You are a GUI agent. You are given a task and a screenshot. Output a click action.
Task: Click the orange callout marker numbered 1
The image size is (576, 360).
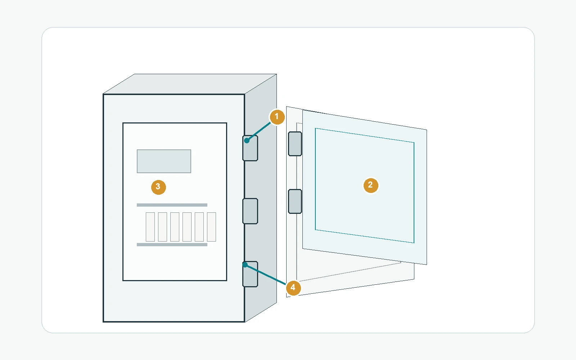(277, 117)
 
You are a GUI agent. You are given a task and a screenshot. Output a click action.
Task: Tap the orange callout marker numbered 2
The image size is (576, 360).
(370, 185)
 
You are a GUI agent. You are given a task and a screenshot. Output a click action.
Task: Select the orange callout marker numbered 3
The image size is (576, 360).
(158, 187)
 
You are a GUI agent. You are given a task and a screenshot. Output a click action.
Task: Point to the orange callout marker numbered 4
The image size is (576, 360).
(293, 288)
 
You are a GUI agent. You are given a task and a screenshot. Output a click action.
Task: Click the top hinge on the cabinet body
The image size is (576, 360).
(250, 148)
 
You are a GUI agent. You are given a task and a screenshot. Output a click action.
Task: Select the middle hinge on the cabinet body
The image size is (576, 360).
(250, 211)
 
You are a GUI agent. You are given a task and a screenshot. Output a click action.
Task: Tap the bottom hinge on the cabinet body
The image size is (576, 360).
(250, 274)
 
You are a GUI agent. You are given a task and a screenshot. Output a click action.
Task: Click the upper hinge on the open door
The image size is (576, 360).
(295, 144)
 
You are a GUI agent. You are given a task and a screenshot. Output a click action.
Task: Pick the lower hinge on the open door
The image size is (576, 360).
(295, 201)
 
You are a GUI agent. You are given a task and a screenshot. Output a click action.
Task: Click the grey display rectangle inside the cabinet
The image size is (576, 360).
(164, 161)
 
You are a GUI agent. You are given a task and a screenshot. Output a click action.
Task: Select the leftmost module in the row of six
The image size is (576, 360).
(150, 227)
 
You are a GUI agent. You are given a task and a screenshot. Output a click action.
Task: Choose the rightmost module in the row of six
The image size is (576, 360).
(211, 227)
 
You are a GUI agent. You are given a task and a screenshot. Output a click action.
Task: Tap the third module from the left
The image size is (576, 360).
(175, 227)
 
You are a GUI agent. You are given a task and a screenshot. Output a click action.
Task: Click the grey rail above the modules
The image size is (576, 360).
(172, 205)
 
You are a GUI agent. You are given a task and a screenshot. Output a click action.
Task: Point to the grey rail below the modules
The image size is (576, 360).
(172, 244)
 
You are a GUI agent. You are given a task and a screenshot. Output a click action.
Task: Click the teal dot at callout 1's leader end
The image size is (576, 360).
(247, 140)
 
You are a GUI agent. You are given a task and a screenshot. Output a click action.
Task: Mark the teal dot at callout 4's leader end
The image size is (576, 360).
(245, 265)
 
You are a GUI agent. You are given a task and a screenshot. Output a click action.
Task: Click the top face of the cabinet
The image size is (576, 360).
(190, 84)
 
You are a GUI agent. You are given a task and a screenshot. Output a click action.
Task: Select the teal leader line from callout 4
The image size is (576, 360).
(265, 274)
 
